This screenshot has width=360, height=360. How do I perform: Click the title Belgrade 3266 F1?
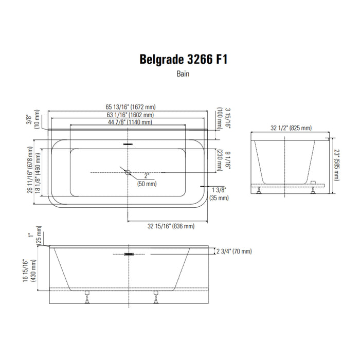(184, 59)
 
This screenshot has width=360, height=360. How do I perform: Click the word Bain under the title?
(183, 74)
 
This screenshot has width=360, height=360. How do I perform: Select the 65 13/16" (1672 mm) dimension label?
(131, 107)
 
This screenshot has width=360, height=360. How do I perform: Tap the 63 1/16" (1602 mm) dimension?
(130, 115)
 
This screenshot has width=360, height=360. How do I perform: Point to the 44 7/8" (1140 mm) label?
(130, 122)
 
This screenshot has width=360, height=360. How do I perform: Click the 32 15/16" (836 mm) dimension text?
(171, 226)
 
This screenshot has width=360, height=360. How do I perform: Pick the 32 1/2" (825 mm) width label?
(291, 128)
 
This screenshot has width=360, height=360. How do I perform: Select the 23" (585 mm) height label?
(336, 165)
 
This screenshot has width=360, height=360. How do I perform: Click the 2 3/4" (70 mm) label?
(234, 251)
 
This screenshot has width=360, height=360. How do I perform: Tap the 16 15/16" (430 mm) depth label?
(29, 271)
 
